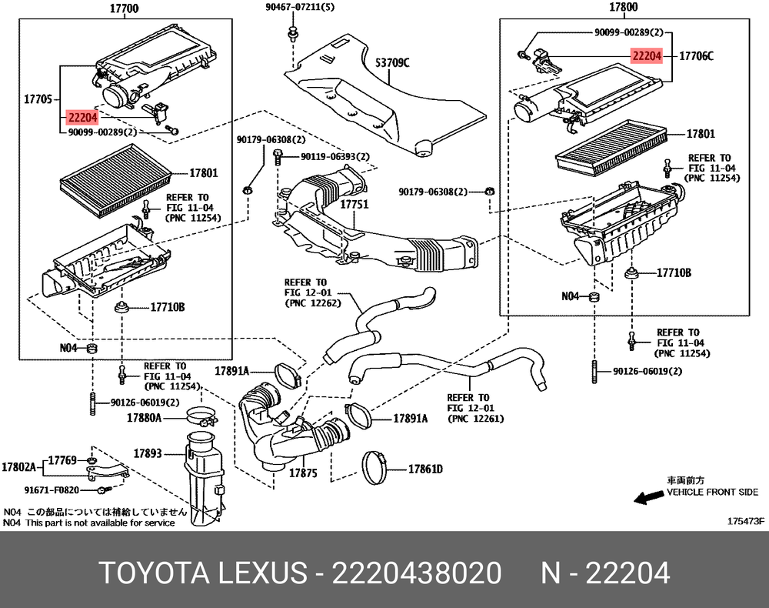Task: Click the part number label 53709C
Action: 392,62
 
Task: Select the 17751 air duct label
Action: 355,205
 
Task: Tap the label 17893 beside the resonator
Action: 147,454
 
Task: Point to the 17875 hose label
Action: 303,473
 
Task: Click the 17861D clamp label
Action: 425,468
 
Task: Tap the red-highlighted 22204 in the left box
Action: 82,118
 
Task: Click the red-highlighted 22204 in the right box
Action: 647,55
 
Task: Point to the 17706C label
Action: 696,56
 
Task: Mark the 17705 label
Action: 38,99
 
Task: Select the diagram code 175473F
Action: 746,521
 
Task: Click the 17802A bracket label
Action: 19,466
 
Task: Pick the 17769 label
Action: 62,460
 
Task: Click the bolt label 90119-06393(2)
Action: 335,157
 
